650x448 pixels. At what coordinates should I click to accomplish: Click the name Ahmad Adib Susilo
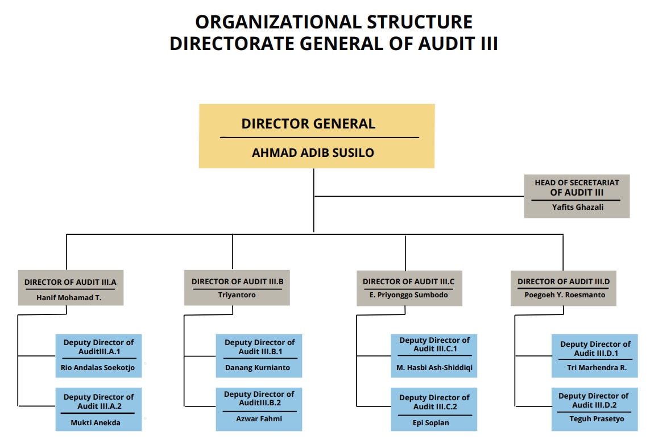click(313, 152)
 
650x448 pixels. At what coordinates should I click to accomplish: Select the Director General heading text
click(308, 123)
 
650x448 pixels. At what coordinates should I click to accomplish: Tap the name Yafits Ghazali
click(577, 207)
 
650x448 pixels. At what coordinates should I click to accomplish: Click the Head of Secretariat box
click(577, 196)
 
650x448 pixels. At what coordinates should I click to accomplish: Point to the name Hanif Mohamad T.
click(69, 297)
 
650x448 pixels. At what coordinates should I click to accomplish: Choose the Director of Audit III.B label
click(237, 281)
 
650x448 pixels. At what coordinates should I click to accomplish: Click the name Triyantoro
click(237, 295)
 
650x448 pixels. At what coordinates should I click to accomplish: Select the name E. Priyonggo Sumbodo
click(409, 295)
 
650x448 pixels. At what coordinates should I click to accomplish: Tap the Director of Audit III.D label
click(563, 281)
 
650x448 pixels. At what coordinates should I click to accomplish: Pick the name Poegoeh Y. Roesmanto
click(563, 295)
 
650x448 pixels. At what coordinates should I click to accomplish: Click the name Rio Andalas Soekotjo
click(98, 367)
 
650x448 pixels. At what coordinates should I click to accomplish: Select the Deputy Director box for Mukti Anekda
click(98, 409)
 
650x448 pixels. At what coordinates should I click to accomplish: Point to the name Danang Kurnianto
click(258, 367)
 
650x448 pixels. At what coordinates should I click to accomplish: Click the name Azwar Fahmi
click(259, 418)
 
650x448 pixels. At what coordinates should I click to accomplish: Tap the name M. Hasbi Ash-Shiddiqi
click(434, 367)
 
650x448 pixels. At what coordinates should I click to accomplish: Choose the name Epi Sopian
click(434, 422)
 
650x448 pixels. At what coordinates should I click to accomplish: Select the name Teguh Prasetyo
click(595, 419)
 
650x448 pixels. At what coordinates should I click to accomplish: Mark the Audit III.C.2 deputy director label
click(434, 402)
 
